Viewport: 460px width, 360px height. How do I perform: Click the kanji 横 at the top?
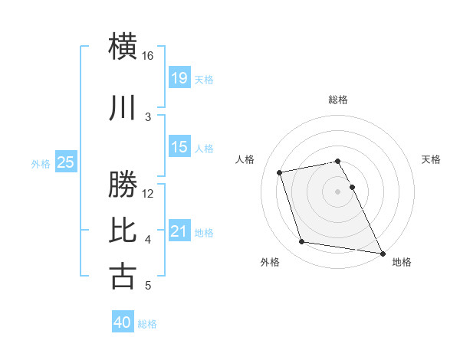(x=123, y=46)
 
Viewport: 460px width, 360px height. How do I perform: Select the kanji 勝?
(x=123, y=185)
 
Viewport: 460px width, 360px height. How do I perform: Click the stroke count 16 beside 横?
(x=148, y=56)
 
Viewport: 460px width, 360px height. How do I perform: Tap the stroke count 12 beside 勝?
(x=149, y=193)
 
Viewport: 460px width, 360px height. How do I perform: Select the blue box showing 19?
(x=179, y=77)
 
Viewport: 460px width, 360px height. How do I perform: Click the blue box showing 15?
(x=179, y=147)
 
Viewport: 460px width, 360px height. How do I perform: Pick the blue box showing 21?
(x=179, y=231)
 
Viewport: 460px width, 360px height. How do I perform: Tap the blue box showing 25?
(x=66, y=162)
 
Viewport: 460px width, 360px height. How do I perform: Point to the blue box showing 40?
(x=123, y=322)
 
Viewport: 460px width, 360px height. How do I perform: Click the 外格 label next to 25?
(x=41, y=163)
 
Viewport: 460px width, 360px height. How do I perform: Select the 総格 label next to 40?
(x=147, y=324)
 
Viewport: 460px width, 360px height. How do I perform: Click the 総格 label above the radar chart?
(x=338, y=100)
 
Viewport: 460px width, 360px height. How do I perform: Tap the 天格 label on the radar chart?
(x=432, y=159)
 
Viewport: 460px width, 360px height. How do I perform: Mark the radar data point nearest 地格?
(x=383, y=252)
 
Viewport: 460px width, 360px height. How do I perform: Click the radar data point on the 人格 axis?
(x=280, y=172)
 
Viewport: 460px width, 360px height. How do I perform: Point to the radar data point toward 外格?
(x=302, y=242)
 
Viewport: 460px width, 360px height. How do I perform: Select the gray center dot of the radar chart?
(x=338, y=191)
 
